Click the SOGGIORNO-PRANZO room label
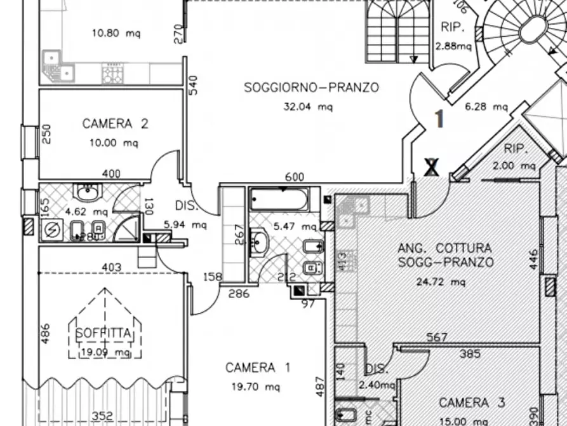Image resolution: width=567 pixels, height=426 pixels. coord(311,88)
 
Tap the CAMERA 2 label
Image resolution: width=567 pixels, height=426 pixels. coord(115,123)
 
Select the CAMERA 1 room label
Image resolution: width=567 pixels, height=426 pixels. coord(258,368)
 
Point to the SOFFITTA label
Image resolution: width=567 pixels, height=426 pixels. coord(104,333)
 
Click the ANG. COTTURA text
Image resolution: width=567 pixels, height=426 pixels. coord(444,248)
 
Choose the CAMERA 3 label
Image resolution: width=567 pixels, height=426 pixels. coord(472,402)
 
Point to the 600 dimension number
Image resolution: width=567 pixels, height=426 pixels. coord(294,177)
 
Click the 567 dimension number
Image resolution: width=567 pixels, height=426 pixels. coord(437,338)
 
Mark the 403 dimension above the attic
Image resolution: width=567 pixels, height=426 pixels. coord(112,267)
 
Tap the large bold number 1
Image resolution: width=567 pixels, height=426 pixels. coord(438,118)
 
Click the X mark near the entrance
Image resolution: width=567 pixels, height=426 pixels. coord(432,167)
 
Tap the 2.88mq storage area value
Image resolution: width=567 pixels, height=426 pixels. coord(453,46)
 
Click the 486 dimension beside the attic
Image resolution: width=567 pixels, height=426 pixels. coord(45,333)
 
